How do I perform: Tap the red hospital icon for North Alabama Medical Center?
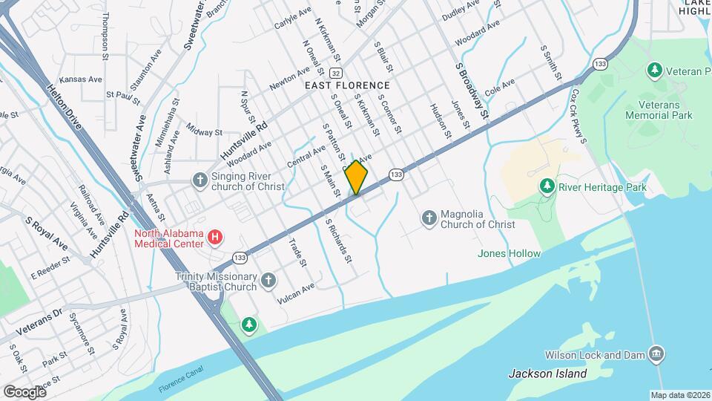coord(215,238)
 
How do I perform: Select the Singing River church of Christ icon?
coord(200,180)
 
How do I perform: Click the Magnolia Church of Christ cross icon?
coord(429,218)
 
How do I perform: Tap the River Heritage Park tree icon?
coord(547,184)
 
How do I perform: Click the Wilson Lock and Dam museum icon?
coord(655,354)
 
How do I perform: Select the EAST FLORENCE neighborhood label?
coord(348,86)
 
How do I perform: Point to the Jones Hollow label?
coord(509,254)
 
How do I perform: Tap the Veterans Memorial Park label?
coord(659,110)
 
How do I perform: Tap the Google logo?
coord(24,391)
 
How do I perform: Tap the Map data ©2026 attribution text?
coord(680,395)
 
